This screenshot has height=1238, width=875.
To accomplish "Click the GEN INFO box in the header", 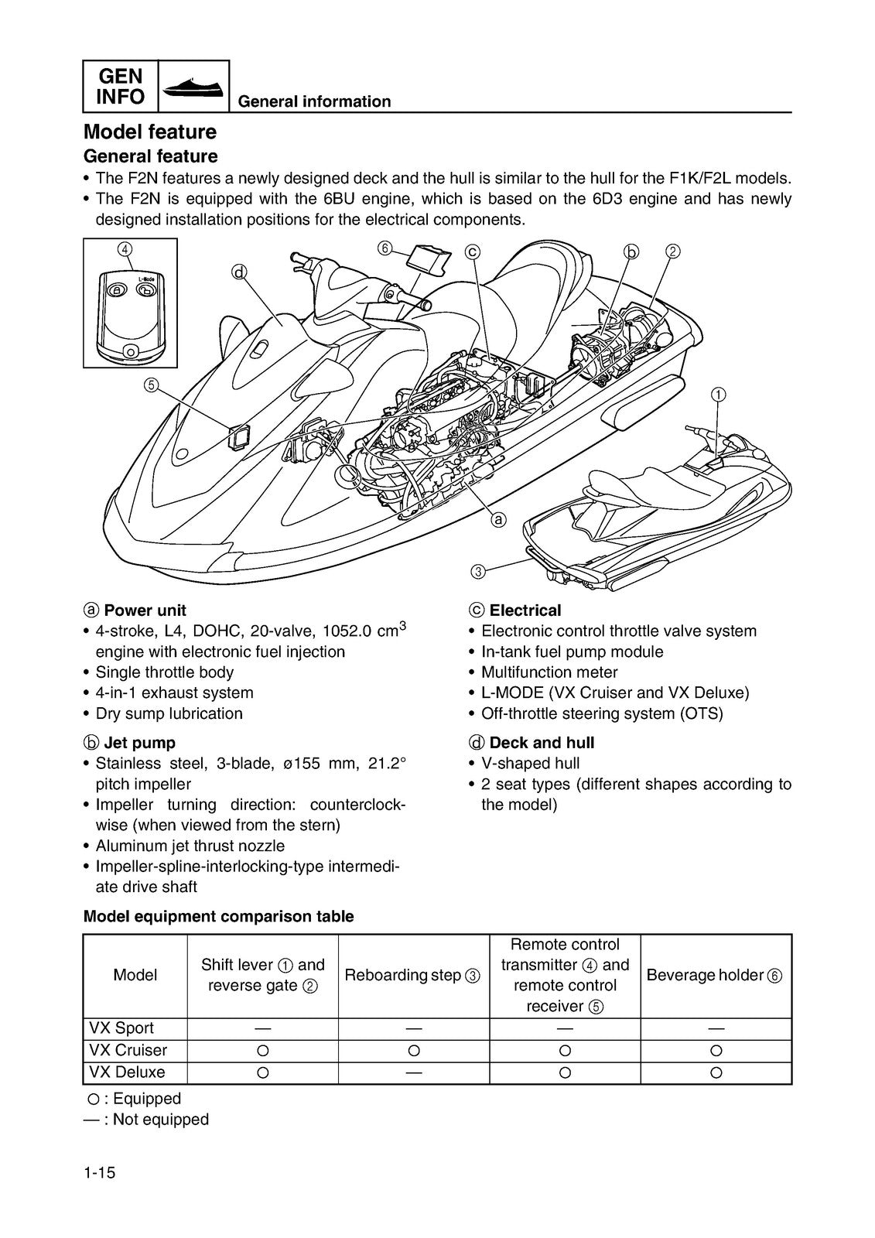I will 121,86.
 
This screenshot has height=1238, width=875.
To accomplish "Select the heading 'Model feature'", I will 149,132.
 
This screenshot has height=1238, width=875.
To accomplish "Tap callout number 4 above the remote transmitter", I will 125,248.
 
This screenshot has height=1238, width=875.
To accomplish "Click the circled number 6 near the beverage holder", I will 385,248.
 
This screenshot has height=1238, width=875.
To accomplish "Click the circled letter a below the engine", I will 499,519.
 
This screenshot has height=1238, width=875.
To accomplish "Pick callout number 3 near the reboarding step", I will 477,572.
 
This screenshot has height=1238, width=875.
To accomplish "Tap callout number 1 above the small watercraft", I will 719,394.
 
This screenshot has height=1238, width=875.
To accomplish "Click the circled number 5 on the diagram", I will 151,385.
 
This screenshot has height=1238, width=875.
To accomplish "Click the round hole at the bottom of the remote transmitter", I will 131,351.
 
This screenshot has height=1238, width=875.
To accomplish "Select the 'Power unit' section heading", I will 144,610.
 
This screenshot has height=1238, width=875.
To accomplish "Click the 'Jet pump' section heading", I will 139,743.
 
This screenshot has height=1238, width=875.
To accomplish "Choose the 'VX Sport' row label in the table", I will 121,1028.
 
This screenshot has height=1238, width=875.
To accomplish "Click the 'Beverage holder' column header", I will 714,975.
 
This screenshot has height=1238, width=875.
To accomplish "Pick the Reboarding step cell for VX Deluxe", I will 413,1072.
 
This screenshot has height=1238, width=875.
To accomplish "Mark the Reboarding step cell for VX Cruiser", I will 413,1051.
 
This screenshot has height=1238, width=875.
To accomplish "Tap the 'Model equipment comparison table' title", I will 218,916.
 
